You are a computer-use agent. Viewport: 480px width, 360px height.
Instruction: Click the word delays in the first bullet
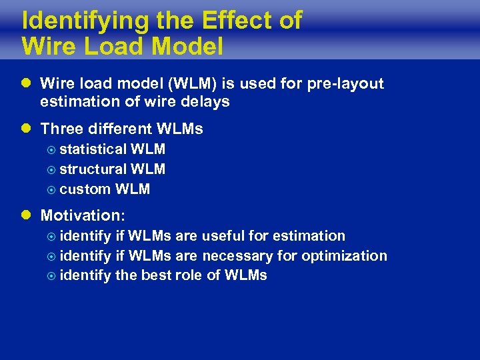click(208, 102)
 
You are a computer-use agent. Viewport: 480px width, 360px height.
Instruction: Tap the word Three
click(61, 129)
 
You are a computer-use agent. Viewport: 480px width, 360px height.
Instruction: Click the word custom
click(85, 189)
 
